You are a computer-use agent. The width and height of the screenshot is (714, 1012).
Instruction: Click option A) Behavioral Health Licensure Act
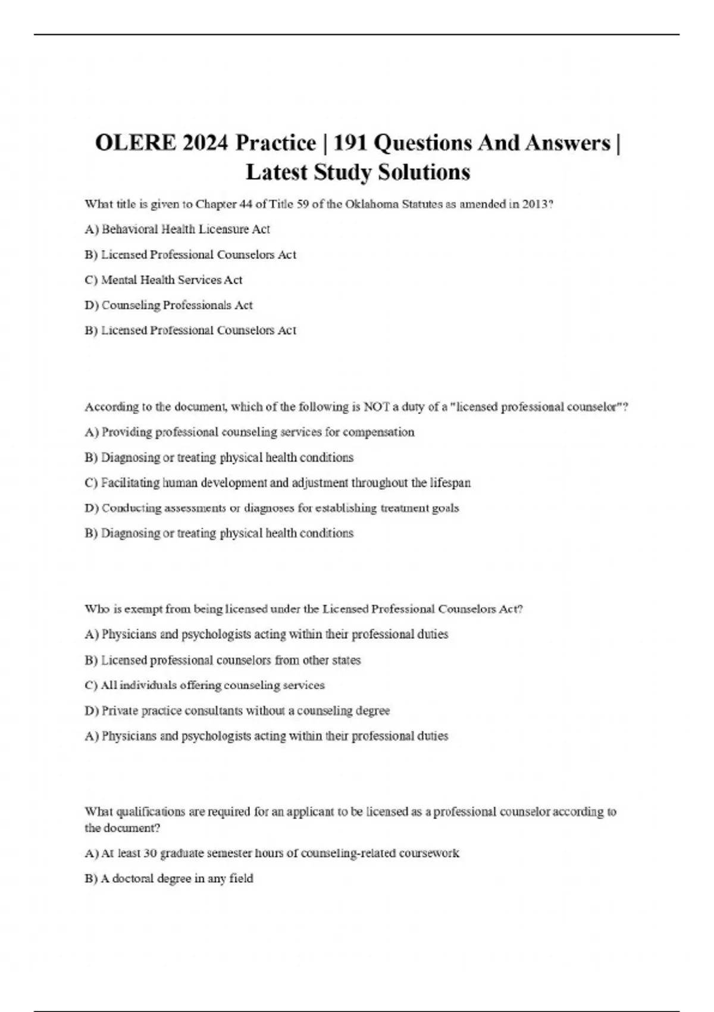(177, 229)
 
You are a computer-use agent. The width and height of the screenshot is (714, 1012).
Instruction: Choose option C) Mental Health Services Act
(164, 280)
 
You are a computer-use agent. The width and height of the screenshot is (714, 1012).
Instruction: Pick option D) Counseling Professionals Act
(169, 305)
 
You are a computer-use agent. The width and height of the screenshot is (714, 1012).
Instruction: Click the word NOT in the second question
(375, 407)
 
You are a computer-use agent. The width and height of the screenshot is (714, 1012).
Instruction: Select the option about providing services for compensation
(250, 432)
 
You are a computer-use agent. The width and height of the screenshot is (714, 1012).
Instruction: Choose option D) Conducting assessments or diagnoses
(272, 508)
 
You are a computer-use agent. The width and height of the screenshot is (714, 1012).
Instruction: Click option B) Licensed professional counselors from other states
(223, 660)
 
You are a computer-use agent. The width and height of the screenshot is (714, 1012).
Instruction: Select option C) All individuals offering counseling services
(205, 685)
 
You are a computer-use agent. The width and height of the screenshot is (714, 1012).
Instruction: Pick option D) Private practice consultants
(237, 711)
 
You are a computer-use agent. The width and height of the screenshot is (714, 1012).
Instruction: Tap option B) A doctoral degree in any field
(169, 879)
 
